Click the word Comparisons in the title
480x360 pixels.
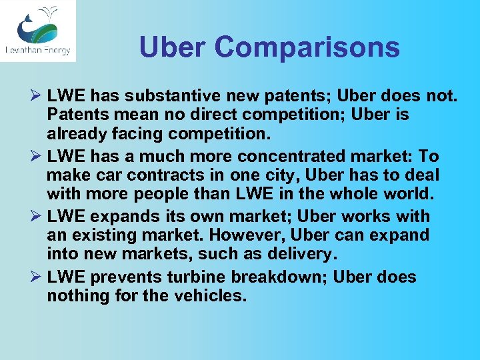[x=308, y=47]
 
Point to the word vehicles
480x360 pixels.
[x=207, y=295]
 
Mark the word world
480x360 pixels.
[x=407, y=195]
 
